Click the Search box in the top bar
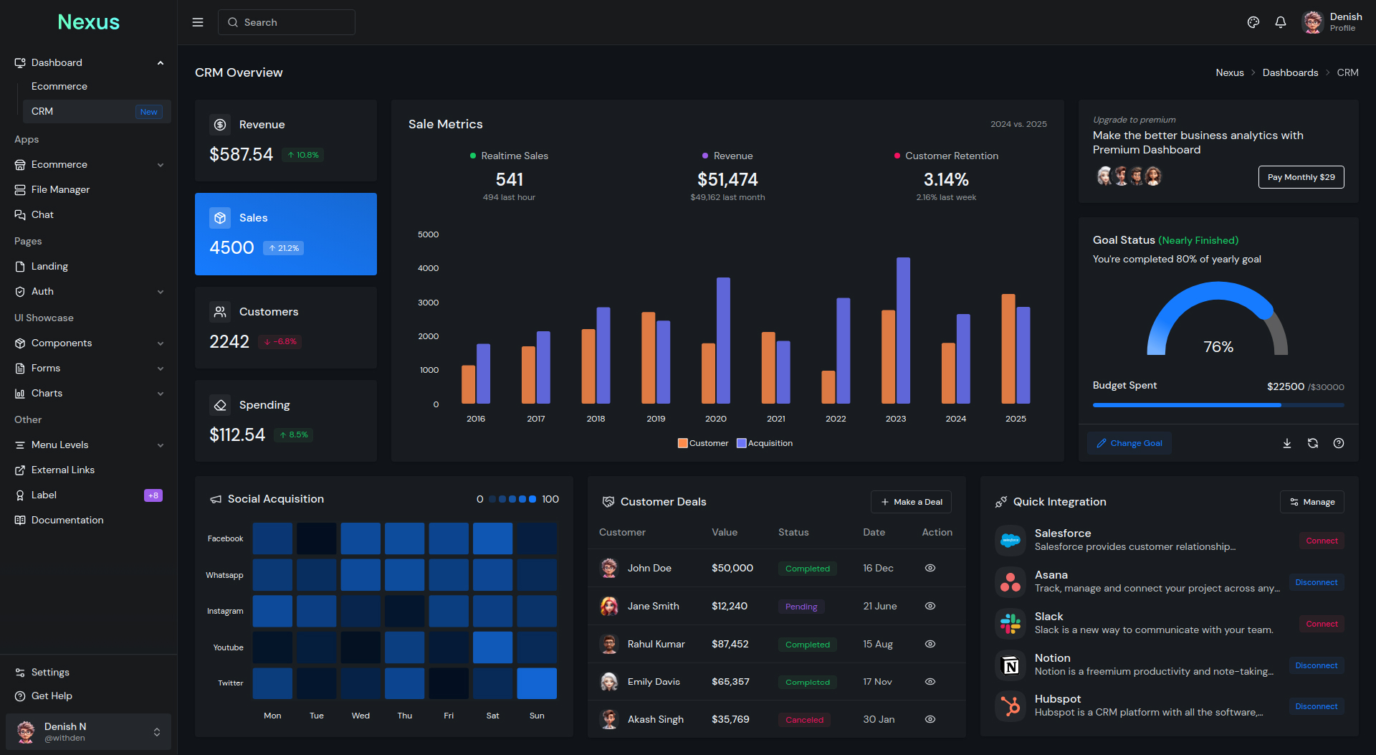point(287,22)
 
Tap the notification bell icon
point(1281,22)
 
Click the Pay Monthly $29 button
point(1301,177)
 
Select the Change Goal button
point(1129,443)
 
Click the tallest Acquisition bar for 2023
point(903,330)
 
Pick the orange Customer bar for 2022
point(828,387)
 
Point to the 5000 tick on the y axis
point(429,234)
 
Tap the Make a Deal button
point(911,502)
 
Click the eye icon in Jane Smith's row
point(930,606)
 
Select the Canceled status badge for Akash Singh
point(804,720)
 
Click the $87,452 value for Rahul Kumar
point(730,644)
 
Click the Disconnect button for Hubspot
point(1316,706)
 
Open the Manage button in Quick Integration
point(1311,502)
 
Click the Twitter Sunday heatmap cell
point(537,683)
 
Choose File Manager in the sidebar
point(60,189)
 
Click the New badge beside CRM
point(149,112)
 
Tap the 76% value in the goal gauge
point(1218,347)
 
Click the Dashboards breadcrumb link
point(1290,72)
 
